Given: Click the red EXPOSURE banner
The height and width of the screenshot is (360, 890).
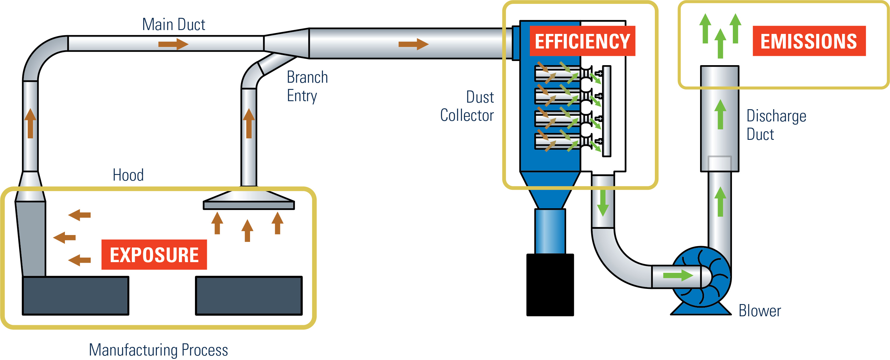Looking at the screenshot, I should click(154, 255).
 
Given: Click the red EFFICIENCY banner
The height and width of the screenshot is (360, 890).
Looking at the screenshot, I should click(582, 41).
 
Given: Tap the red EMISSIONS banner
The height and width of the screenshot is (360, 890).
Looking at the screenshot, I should click(809, 41).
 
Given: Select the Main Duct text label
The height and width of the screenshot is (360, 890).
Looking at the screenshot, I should click(174, 24).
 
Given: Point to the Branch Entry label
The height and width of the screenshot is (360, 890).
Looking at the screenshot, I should click(307, 86).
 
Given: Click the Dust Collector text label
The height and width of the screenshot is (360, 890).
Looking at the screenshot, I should click(467, 106).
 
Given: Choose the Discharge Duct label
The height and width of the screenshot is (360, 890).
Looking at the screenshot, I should click(776, 125).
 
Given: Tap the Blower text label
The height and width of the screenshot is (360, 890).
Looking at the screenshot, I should click(759, 311).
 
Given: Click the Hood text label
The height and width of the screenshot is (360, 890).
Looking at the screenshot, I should click(128, 175).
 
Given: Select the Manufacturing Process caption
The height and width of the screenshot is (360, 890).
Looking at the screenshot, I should click(158, 350).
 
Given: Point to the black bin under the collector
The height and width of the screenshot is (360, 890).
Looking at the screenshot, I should click(550, 285).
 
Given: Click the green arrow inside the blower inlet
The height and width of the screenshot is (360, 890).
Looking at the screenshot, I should click(678, 275).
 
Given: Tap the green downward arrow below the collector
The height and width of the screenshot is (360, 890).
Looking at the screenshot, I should click(602, 204).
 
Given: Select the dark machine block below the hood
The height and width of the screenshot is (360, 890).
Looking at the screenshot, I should click(249, 295).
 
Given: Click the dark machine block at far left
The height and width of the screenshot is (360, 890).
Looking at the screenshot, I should click(75, 295).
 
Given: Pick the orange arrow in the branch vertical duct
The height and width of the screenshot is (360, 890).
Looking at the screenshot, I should click(249, 123).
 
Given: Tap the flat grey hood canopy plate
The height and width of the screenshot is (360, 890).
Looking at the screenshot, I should click(249, 205).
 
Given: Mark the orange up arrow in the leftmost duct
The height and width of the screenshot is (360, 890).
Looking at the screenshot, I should click(30, 123).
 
